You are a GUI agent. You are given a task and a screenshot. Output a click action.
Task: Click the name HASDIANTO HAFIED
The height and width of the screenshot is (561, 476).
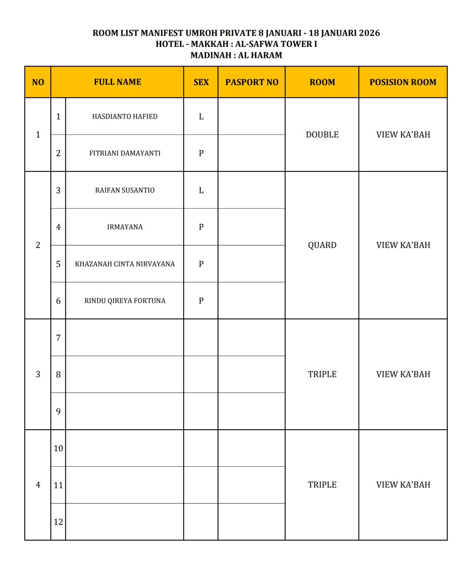point(125,116)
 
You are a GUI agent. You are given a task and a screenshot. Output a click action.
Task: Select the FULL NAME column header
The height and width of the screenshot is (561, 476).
point(117,82)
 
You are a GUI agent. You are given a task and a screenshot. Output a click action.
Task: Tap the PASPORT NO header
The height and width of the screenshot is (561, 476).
point(252,82)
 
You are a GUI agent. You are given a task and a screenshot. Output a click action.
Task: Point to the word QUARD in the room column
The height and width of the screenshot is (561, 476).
point(322,245)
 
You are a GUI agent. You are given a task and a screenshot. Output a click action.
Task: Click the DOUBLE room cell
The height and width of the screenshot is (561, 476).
point(322,134)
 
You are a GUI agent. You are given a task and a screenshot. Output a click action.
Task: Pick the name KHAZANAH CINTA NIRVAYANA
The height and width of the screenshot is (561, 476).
point(125,264)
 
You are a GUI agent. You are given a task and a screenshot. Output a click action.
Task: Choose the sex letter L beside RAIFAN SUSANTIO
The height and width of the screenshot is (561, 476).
point(201,190)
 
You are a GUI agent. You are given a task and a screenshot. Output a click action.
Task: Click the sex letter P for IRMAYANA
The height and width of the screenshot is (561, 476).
point(201,227)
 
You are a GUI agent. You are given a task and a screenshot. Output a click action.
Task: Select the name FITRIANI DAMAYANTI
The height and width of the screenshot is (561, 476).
point(125,153)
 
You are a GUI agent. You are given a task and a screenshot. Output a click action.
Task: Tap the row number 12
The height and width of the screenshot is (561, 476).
point(58,522)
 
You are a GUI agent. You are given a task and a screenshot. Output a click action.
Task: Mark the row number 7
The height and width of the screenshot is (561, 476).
point(58,338)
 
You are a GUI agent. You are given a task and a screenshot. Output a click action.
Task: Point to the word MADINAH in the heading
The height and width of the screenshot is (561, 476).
point(211,55)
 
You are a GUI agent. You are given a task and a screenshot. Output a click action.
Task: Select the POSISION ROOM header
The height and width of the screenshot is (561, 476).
point(403,82)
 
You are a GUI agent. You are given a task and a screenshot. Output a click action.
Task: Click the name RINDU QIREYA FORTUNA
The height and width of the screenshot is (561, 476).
point(125,301)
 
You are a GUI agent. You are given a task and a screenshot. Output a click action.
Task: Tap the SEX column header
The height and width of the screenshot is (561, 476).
point(201,82)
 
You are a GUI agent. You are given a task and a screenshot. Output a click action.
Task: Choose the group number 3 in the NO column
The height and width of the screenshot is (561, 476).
point(38,374)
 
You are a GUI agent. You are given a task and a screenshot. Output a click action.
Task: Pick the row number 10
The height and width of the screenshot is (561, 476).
point(58,448)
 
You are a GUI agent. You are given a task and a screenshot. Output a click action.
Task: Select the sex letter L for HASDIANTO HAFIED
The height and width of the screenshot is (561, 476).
point(201,116)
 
